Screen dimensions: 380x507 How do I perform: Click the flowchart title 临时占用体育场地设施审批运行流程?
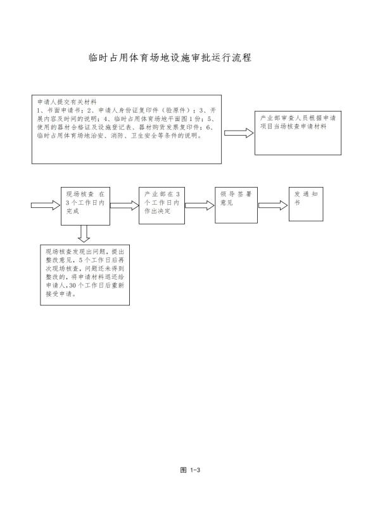[170, 58]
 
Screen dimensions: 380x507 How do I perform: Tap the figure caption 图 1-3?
[190, 470]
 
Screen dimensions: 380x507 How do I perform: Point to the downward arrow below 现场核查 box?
[84, 234]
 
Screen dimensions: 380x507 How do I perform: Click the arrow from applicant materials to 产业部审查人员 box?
[239, 133]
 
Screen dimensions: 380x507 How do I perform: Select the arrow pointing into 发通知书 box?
[273, 205]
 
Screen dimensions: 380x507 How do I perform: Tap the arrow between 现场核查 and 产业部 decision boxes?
[124, 205]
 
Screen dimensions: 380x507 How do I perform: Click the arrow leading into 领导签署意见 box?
[199, 205]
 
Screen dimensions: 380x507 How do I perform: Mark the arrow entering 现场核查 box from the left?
[46, 205]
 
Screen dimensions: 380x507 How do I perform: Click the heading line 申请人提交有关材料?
[67, 102]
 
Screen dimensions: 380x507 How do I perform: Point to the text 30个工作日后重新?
[97, 286]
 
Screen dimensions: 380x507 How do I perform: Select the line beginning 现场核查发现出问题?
[85, 252]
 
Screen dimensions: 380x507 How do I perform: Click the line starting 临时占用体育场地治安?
[120, 136]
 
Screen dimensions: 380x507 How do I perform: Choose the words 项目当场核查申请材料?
[293, 126]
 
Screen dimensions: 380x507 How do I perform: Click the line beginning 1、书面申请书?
[126, 110]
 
